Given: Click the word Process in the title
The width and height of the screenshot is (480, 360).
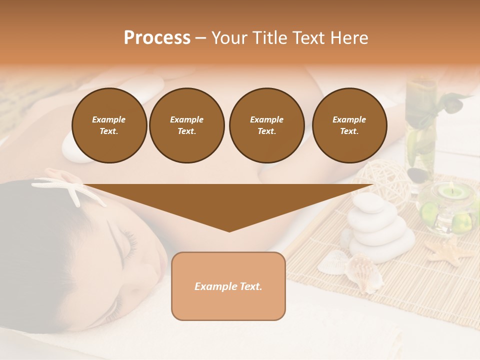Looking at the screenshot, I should point(157,38).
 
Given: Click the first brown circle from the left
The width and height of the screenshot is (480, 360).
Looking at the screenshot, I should point(109,125).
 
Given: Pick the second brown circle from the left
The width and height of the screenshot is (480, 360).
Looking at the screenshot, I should point(187,125).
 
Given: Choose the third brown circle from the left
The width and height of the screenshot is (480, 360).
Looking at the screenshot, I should point(266,125).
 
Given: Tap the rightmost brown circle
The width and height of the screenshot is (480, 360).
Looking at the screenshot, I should point(349,125).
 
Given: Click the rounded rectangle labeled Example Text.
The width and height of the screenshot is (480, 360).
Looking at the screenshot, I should point(228,286).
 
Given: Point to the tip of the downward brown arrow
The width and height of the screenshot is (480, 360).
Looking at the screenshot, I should point(229,231).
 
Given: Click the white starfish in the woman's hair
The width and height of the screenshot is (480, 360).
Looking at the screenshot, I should point(70,190).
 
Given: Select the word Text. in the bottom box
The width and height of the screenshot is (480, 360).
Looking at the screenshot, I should point(248,286).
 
